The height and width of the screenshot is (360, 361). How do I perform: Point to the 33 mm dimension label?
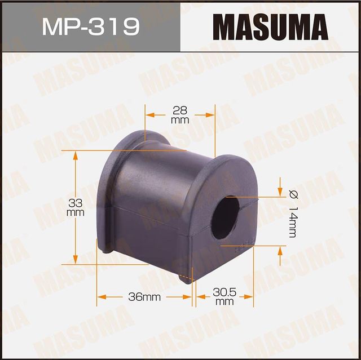[x=75, y=207]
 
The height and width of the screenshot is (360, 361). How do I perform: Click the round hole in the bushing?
[x=226, y=217]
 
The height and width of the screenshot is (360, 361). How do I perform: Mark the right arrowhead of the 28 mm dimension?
[x=212, y=114]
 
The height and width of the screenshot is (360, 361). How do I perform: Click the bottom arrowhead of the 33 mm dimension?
[x=76, y=260]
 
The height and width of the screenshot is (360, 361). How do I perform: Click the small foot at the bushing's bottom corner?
[x=187, y=277]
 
